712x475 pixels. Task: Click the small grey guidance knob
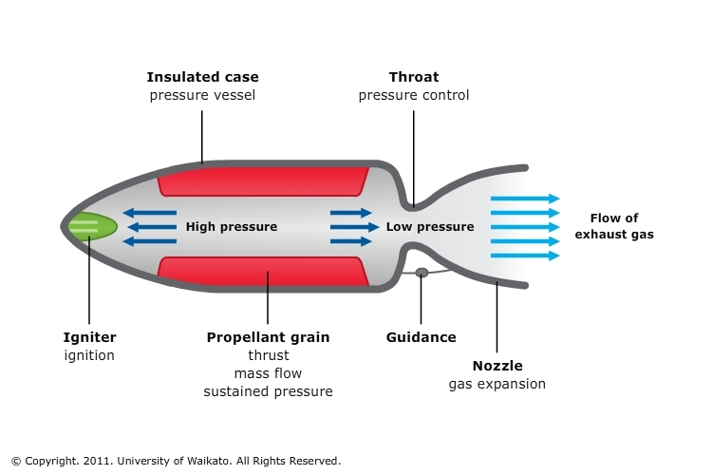click(x=422, y=273)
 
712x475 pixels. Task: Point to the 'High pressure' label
click(x=232, y=227)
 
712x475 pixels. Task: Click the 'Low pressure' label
click(x=429, y=227)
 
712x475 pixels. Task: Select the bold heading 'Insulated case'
click(x=202, y=77)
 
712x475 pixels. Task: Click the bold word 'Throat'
click(x=414, y=77)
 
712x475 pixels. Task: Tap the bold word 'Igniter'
click(x=89, y=337)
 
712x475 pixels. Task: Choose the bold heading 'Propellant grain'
click(x=268, y=337)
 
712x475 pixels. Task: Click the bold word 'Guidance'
click(x=422, y=337)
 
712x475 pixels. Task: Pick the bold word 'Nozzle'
click(x=497, y=366)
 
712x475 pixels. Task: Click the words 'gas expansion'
click(x=497, y=384)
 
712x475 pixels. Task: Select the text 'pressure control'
click(x=414, y=95)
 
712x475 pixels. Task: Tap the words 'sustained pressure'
click(x=268, y=391)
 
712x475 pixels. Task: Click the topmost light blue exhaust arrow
click(x=525, y=199)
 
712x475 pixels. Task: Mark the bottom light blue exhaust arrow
click(x=525, y=256)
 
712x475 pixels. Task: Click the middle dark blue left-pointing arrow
click(x=152, y=227)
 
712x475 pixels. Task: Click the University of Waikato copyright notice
click(x=176, y=461)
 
